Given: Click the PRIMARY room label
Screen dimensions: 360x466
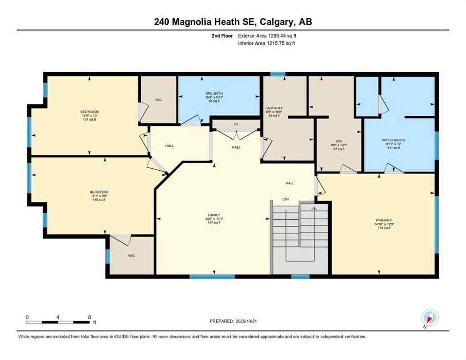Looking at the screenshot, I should click(383, 220).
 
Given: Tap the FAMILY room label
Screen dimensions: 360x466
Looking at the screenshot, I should click(214, 215).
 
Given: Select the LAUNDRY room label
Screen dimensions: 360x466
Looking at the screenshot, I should click(273, 108).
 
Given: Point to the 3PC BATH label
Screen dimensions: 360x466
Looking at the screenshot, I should click(213, 93).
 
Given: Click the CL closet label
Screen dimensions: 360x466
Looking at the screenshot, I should click(236, 125).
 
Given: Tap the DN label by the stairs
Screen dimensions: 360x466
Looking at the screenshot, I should click(286, 199).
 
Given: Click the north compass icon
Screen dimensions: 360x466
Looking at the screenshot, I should click(429, 317).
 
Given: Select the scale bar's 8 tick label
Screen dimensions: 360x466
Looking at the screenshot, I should click(89, 317).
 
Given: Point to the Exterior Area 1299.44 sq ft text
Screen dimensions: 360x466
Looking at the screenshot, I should click(267, 36).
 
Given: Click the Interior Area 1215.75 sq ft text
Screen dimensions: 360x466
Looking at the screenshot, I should click(266, 43).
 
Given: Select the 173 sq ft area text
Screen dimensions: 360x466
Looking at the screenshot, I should click(383, 228).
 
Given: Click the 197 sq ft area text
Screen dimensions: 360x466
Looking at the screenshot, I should click(214, 223).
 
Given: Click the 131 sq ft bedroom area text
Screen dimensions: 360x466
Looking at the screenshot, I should click(89, 120).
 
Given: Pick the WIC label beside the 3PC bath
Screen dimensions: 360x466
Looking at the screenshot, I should click(158, 100).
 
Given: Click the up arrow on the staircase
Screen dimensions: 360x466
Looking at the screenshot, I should click(314, 208).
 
